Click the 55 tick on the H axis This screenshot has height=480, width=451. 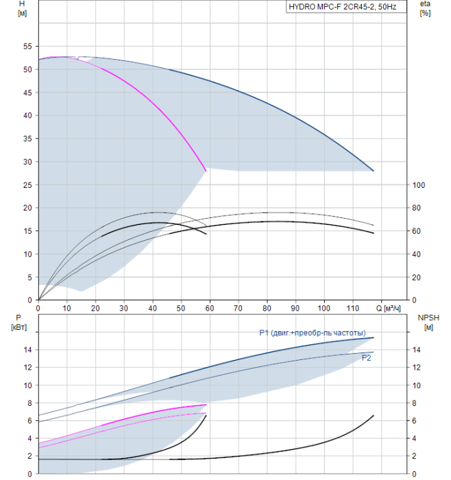click(x=28, y=47)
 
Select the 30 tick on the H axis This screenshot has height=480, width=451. click(x=28, y=162)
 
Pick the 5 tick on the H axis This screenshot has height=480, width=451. click(x=30, y=277)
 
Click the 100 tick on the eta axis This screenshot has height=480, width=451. click(x=420, y=185)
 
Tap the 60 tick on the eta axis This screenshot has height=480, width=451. click(x=418, y=231)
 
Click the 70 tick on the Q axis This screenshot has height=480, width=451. click(x=238, y=307)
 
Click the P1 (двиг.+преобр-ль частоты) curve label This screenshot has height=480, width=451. click(x=317, y=333)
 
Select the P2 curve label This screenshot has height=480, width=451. click(x=366, y=357)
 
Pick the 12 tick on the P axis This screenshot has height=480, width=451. click(x=28, y=368)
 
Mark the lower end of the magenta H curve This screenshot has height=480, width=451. click(x=206, y=171)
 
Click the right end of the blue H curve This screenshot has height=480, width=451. click(x=374, y=171)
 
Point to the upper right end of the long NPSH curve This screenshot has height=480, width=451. click(x=374, y=416)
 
